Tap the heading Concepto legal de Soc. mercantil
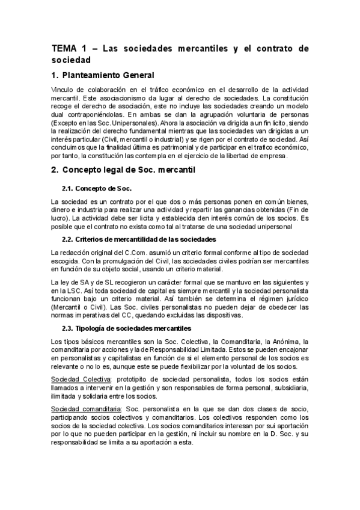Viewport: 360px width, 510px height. pyautogui.click(x=132, y=171)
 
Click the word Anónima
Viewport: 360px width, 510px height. pyautogui.click(x=281, y=342)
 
